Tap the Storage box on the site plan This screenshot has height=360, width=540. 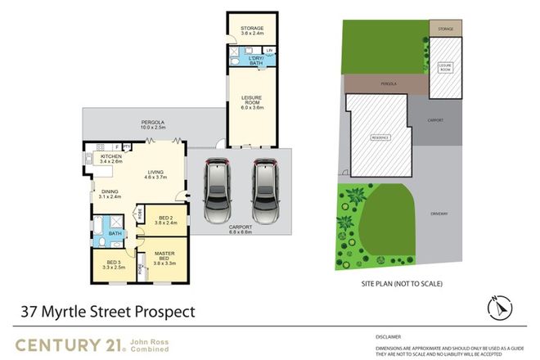point(444,29)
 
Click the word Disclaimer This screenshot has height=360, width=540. point(389,335)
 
